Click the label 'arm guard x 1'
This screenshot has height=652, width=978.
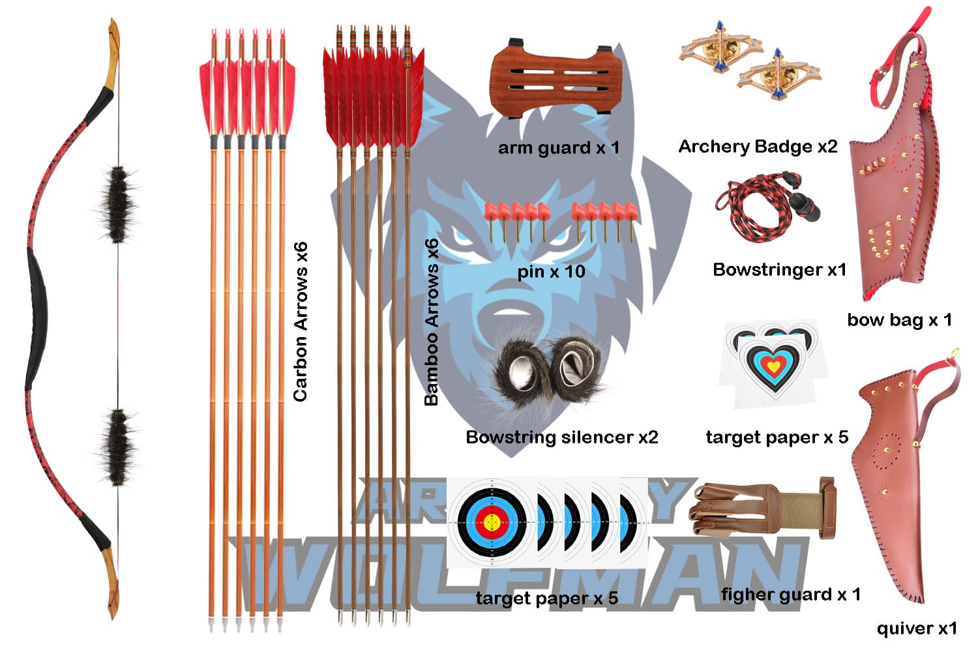click(x=558, y=148)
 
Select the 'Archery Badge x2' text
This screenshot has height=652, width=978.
click(x=758, y=147)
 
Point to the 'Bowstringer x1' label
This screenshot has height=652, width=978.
click(x=779, y=270)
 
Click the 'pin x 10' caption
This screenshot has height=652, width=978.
click(x=552, y=271)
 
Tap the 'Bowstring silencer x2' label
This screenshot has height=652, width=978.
click(x=562, y=437)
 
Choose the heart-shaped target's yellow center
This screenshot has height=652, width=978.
click(x=772, y=366)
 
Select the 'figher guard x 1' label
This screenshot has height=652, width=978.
click(x=790, y=595)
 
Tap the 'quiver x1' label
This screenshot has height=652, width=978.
click(x=916, y=629)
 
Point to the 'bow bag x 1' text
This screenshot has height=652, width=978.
click(x=899, y=320)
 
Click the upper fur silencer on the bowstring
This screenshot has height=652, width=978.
click(x=118, y=203)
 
